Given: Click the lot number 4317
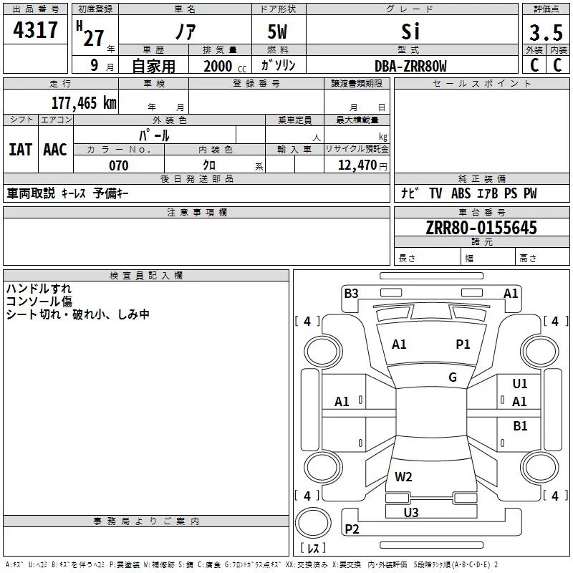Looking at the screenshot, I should [35, 30].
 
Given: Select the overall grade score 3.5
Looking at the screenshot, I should [545, 32].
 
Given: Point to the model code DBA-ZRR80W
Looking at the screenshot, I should [410, 66].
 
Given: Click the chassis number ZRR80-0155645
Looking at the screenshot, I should [481, 228].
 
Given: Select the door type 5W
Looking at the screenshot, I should [279, 33].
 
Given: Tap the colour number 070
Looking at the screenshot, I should [118, 165].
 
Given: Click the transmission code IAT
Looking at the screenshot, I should [20, 149].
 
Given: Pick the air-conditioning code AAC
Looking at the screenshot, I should [55, 149].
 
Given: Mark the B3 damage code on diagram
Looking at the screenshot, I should [351, 293].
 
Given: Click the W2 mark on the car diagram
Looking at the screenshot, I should [404, 477].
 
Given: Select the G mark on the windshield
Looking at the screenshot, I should [453, 377].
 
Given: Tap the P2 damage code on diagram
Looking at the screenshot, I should [352, 529].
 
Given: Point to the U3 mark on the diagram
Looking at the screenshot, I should [411, 512].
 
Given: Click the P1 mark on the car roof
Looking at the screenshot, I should [463, 345].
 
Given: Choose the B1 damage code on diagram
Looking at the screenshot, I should [520, 426].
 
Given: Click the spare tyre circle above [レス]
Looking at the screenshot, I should [312, 522].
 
